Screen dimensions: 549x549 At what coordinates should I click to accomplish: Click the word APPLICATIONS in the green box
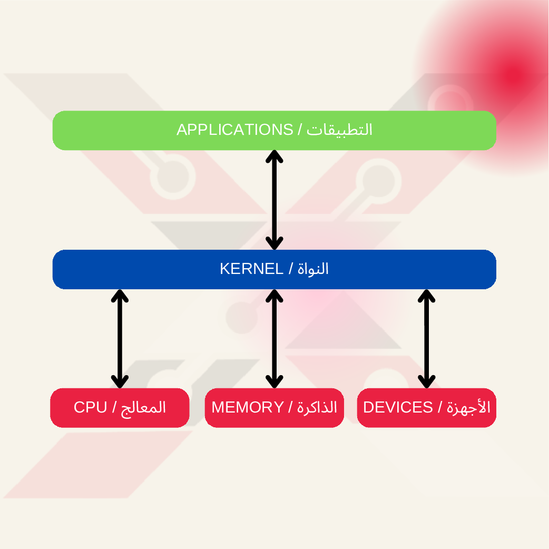click(x=234, y=130)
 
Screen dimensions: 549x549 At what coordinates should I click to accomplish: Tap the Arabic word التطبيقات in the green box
click(x=340, y=130)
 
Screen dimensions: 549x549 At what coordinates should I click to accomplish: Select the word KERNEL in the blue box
click(x=251, y=269)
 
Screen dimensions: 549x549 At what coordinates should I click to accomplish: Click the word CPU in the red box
click(x=90, y=407)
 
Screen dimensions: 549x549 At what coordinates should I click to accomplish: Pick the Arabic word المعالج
click(x=143, y=407)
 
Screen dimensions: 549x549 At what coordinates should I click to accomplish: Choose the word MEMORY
click(x=248, y=407)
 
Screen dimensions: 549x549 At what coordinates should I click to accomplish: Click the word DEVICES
click(x=398, y=407)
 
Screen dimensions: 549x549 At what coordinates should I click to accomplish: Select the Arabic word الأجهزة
click(x=468, y=407)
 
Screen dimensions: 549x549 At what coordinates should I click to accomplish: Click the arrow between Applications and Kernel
click(x=274, y=200)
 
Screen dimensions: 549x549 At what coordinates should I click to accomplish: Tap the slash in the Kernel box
click(x=290, y=269)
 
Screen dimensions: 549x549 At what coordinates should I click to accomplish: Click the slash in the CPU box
click(x=114, y=408)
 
